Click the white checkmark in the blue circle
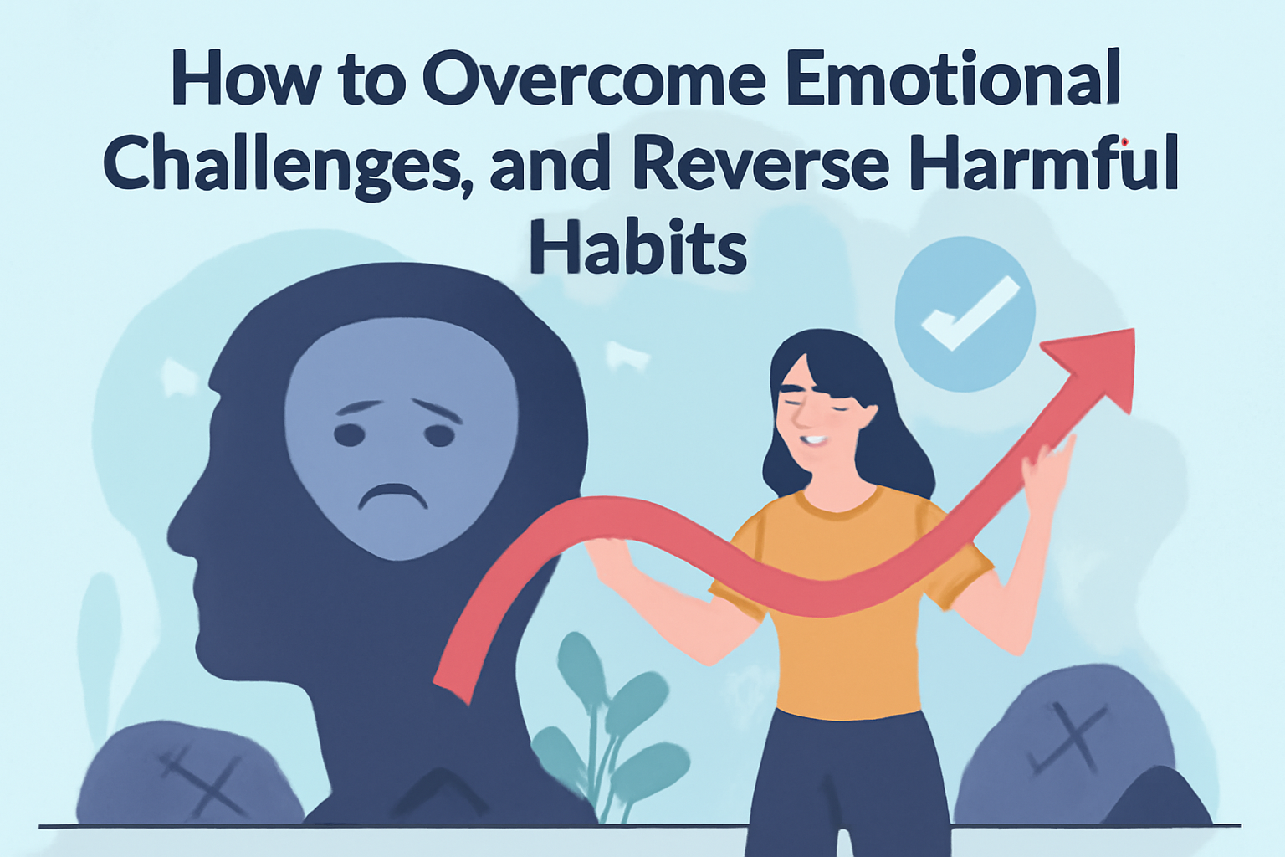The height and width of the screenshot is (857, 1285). point(970,313)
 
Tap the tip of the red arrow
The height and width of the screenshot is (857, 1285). point(1134,329)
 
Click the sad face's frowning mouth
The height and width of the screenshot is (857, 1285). point(393,495)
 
